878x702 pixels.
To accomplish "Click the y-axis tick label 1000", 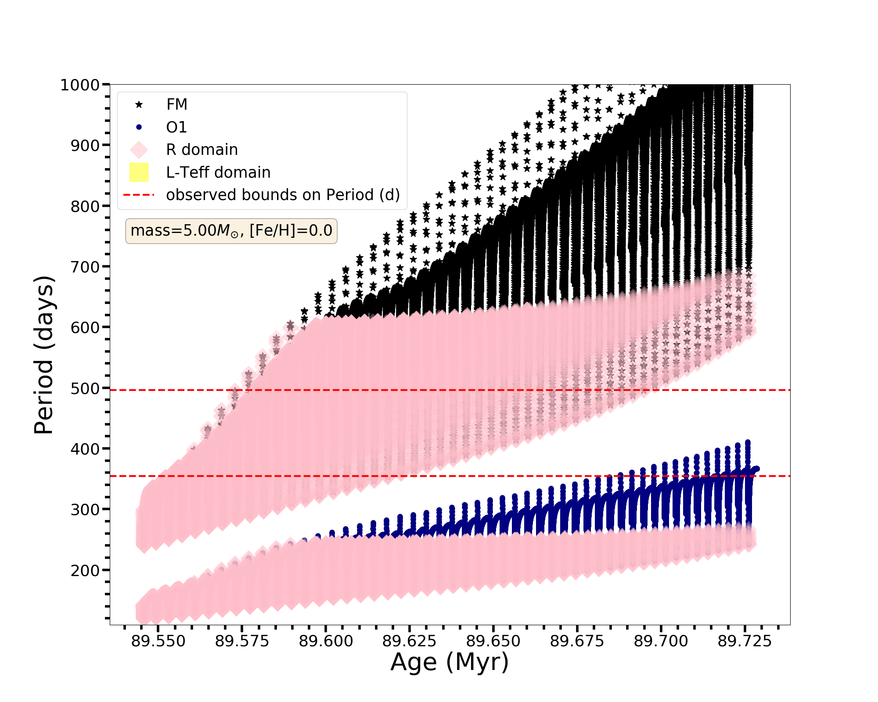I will coord(80,85).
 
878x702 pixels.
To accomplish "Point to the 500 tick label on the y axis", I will coord(85,389).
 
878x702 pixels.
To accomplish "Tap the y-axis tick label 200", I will coord(85,570).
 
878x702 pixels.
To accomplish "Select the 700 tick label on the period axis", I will coord(85,267).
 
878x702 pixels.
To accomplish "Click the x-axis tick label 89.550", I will coord(158,641).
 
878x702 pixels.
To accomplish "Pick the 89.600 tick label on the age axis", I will coord(326,641).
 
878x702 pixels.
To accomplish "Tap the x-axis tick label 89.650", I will coord(493,641).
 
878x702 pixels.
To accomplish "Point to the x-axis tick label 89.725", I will coord(745,641).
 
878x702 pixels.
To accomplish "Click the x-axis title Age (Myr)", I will coord(450,663).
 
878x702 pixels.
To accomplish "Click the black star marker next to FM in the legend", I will coord(139,104).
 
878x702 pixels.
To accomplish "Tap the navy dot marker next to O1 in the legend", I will coord(139,127).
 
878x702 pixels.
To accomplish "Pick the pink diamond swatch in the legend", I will coord(139,150).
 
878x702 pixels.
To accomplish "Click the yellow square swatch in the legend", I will coord(139,172).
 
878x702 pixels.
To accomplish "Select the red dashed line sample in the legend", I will coord(139,195).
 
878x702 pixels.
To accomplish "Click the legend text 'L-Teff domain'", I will coord(218,172).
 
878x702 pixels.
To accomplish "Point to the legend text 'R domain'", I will coord(202,150).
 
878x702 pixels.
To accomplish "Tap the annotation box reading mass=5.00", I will coord(231,231).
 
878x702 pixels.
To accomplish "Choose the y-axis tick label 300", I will coord(85,510).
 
